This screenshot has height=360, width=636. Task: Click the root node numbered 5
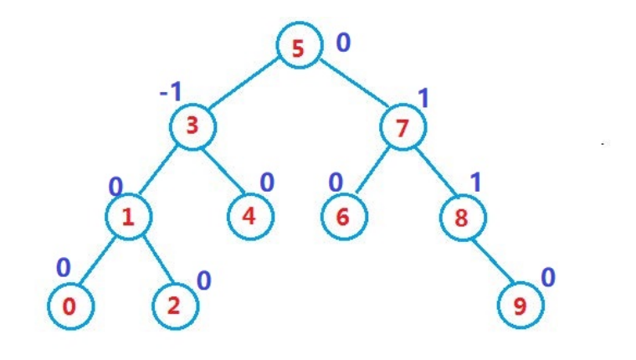[298, 48]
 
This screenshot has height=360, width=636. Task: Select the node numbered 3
[192, 127]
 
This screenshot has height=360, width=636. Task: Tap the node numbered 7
[403, 129]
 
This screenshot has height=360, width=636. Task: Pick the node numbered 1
[128, 218]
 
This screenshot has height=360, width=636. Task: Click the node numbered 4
[250, 215]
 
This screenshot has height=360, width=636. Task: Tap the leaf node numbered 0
[69, 306]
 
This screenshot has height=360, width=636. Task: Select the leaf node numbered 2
[175, 306]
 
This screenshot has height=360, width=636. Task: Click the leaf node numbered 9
[521, 306]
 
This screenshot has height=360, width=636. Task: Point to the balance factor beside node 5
[343, 42]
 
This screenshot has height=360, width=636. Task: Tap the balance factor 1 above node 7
[423, 99]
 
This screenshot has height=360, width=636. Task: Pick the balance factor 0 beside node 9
[547, 277]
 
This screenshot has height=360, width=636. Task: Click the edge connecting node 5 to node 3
[244, 87]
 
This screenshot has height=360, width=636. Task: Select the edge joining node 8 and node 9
[492, 261]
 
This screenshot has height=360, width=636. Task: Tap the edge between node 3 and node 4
[221, 171]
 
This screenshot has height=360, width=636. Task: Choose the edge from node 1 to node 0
[99, 261]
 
